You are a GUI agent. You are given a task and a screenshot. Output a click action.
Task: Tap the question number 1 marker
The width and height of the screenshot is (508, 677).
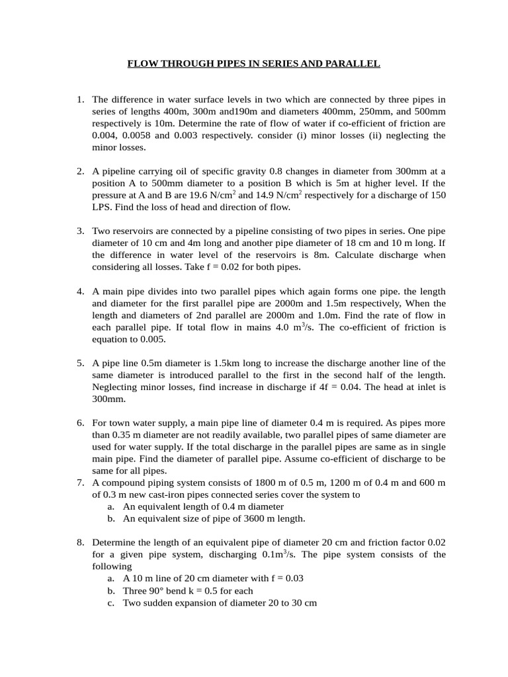(x=79, y=100)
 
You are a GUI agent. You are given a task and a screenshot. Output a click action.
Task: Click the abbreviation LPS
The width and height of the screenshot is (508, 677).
(x=103, y=207)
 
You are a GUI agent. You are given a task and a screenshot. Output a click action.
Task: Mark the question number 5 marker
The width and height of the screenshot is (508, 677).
(x=79, y=363)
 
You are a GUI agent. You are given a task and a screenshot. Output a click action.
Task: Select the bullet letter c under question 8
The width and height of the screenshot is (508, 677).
(x=110, y=602)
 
